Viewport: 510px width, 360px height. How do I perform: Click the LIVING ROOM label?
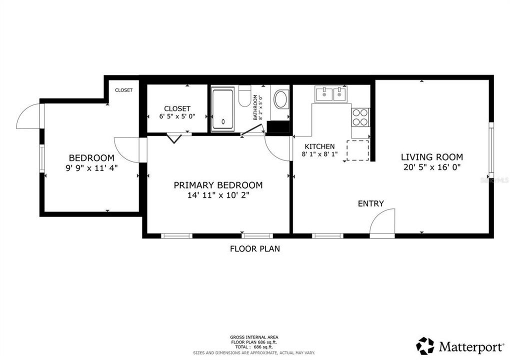coord(432,156)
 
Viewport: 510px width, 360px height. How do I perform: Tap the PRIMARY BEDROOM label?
coord(218,185)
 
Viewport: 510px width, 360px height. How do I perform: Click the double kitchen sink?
coord(331,93)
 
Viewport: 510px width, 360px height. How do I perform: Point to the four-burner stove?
coord(360,117)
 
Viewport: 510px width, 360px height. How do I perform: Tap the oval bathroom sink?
coord(281,99)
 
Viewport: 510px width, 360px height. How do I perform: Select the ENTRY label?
coord(370,203)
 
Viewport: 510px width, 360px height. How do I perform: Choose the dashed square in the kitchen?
coord(357,150)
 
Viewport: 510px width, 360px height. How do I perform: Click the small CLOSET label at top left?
coord(123,90)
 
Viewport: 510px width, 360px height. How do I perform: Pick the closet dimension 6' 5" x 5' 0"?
coord(177,116)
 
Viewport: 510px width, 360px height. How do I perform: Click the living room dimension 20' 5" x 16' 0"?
coord(432,167)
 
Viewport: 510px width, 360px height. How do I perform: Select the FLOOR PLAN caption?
coord(254,248)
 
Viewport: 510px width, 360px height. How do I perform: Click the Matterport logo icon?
coord(425,345)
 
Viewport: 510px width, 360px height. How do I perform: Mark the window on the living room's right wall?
coord(491,150)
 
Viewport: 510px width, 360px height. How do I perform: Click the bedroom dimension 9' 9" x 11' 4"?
coord(91,168)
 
